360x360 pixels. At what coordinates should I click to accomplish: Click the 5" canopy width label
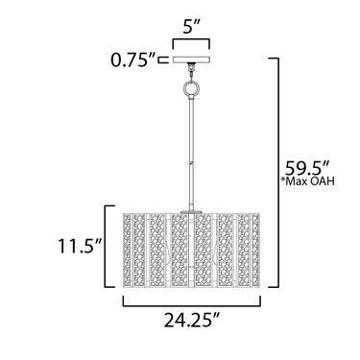point(191,28)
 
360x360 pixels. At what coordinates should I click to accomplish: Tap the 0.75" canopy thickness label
point(133,60)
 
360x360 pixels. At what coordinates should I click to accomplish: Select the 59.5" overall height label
point(307,168)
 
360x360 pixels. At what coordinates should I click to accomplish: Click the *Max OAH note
point(307,181)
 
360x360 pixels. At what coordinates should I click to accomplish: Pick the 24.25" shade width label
point(192,320)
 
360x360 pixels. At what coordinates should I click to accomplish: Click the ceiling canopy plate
point(191,60)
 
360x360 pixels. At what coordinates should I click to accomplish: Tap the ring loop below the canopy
point(191,88)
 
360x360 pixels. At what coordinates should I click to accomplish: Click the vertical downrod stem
point(191,154)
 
